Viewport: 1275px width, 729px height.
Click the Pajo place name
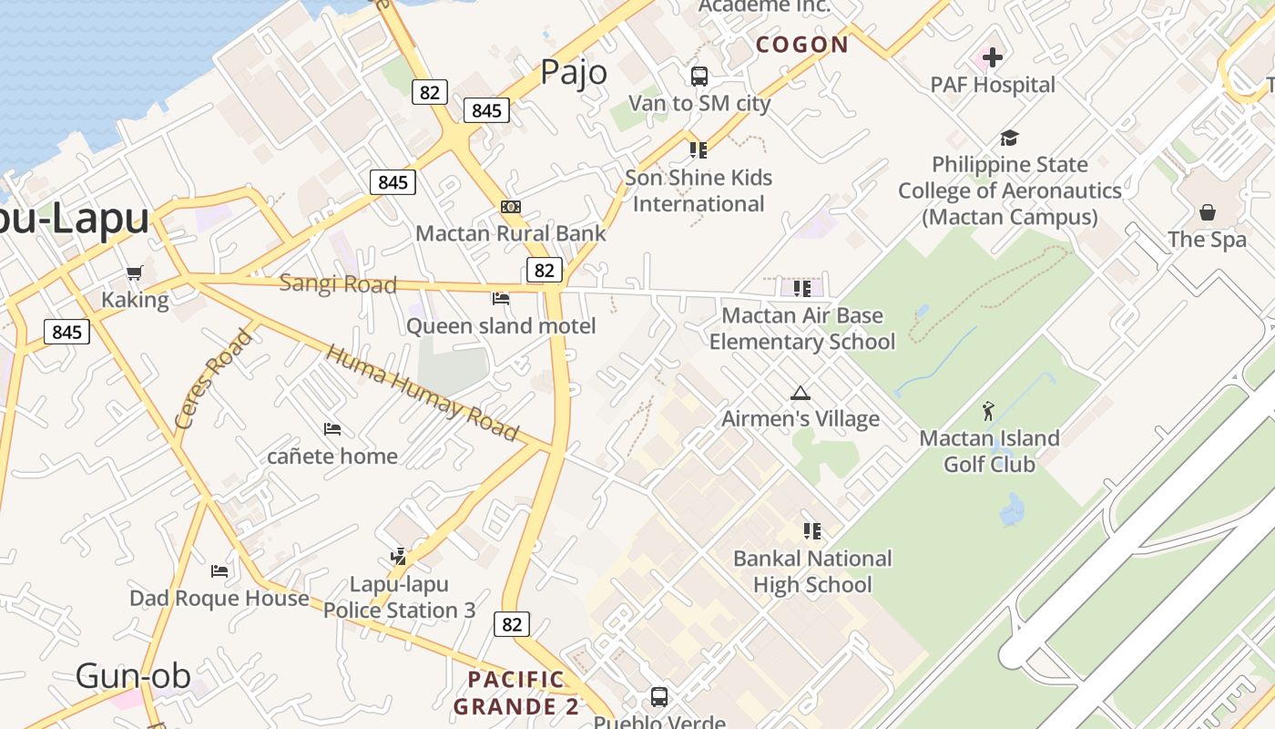tap(574, 71)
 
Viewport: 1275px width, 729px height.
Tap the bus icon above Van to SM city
tap(699, 77)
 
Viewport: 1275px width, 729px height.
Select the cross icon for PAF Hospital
tap(993, 57)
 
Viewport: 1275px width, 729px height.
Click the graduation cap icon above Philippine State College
tap(1009, 139)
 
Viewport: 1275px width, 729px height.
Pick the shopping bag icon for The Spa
tap(1207, 212)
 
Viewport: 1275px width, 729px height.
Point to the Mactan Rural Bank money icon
tap(511, 207)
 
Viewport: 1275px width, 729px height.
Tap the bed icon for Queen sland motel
tap(501, 298)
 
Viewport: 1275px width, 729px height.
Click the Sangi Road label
tap(338, 283)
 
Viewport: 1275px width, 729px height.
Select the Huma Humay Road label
tap(423, 393)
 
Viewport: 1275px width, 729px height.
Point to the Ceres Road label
tap(213, 379)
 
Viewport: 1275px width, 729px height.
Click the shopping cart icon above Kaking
tap(135, 272)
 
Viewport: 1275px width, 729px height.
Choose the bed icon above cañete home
tap(332, 428)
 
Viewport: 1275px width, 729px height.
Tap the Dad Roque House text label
tap(219, 598)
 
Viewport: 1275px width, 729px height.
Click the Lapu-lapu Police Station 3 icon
tap(398, 556)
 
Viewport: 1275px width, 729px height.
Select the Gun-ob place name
tap(133, 675)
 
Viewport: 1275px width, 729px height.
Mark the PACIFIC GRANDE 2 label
tap(516, 693)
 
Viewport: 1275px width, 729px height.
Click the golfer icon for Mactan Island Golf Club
tap(989, 411)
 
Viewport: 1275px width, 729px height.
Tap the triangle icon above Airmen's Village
tap(801, 393)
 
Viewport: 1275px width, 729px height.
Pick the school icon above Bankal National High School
tap(812, 530)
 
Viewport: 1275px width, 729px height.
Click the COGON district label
tap(802, 45)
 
